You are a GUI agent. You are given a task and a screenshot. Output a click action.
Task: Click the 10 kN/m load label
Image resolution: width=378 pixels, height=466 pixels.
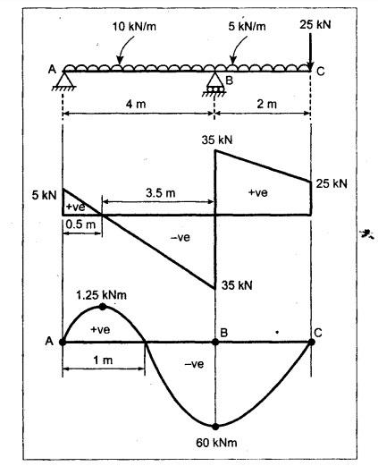click(x=134, y=27)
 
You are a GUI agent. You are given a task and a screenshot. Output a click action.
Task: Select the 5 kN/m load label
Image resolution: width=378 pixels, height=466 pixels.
click(x=247, y=27)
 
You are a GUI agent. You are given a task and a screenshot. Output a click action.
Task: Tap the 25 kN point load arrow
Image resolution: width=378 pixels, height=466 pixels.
click(x=310, y=51)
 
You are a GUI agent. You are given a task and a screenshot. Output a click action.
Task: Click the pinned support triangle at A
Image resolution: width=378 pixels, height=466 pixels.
click(x=64, y=80)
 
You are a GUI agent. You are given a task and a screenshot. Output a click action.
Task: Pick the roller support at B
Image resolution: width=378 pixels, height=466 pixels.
click(x=215, y=85)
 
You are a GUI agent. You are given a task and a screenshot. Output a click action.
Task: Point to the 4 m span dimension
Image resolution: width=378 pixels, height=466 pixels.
click(x=136, y=104)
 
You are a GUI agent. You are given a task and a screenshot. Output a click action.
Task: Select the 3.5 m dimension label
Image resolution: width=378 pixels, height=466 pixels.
click(x=161, y=193)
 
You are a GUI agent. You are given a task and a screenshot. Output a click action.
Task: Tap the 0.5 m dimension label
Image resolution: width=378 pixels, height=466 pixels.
click(x=80, y=225)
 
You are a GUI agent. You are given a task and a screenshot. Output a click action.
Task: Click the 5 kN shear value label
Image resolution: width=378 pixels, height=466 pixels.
click(x=44, y=196)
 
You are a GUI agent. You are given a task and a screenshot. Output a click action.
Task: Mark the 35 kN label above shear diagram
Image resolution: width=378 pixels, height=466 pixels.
click(x=217, y=140)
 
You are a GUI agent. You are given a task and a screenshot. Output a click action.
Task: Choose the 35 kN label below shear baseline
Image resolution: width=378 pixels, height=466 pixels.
click(x=237, y=285)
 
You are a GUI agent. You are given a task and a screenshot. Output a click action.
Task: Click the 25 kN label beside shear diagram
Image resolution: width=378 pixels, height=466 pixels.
click(x=332, y=183)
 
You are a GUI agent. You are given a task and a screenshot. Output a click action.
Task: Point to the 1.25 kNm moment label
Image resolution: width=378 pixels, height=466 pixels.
click(x=101, y=295)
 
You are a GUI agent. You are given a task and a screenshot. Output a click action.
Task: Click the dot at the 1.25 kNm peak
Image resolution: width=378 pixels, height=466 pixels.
click(x=103, y=307)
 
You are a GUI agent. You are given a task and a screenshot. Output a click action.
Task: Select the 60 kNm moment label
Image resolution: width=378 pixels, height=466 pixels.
click(x=216, y=443)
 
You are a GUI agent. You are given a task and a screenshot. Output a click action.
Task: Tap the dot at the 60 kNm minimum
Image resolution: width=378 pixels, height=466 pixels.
click(x=215, y=427)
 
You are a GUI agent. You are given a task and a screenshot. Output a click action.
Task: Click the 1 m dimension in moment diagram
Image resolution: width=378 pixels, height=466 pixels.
click(x=103, y=360)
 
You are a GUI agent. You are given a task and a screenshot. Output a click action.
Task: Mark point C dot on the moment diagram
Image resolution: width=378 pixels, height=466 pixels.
click(x=311, y=342)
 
